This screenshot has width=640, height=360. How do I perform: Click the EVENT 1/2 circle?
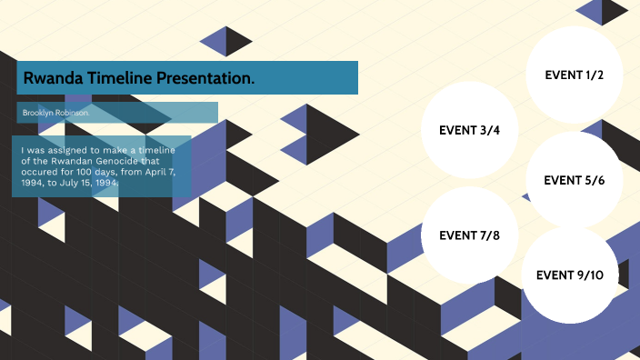pos(574,75)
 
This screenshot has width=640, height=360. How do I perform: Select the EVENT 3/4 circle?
pos(469,130)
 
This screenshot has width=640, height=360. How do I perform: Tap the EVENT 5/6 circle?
pos(574,180)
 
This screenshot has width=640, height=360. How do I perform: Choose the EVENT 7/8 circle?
pos(469,235)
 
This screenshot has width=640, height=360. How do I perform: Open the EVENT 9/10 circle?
pos(570,275)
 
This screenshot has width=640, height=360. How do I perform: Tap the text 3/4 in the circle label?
pos(489,130)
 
